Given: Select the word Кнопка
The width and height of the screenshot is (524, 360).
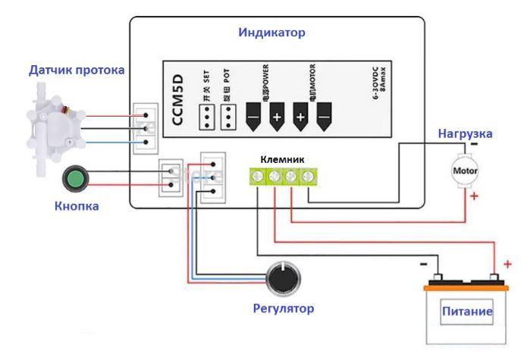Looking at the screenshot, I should (77, 205).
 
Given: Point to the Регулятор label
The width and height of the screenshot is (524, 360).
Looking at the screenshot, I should (284, 308).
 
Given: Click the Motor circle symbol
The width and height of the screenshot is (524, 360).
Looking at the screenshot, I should (463, 171).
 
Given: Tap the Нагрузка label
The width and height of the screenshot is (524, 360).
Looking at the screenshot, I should (465, 133).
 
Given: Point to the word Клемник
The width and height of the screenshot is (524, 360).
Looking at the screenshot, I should (282, 160).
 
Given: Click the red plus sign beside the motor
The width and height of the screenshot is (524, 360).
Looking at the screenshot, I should (475, 198).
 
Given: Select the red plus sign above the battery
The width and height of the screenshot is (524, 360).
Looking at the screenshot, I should (507, 264).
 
